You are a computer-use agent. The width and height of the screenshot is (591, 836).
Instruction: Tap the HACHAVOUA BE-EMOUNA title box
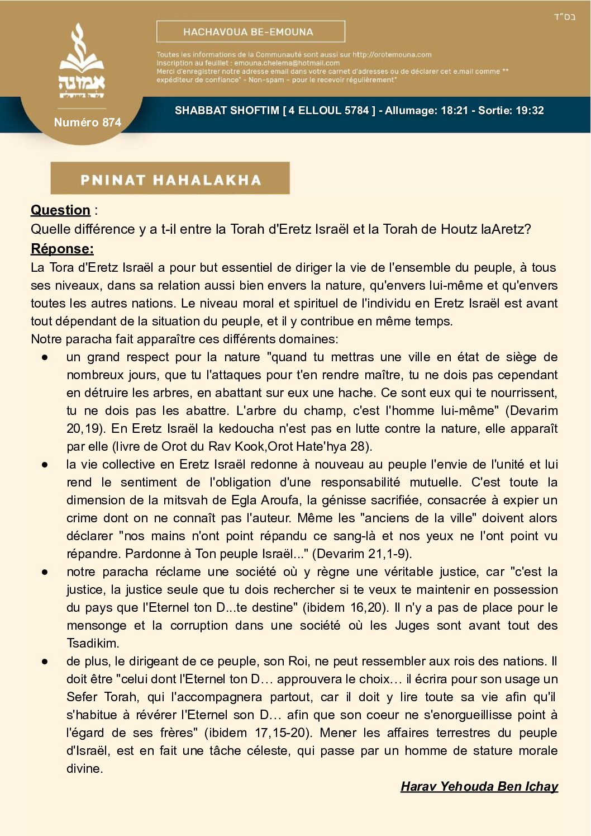(x=250, y=32)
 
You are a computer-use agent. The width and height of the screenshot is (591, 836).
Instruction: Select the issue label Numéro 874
(x=88, y=122)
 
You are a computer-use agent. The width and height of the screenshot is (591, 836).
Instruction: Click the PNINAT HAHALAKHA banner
(x=170, y=179)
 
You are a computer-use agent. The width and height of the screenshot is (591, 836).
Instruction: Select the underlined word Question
(x=60, y=210)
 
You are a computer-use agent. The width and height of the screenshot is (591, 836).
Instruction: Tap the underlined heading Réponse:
(x=62, y=248)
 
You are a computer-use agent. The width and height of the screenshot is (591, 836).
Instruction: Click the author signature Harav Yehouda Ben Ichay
(x=479, y=786)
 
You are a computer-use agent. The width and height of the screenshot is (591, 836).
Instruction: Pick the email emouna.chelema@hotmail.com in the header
(x=287, y=63)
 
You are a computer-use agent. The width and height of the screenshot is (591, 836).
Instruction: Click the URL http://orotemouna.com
(x=392, y=55)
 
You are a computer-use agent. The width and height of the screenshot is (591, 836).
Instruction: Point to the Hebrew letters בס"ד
(x=564, y=17)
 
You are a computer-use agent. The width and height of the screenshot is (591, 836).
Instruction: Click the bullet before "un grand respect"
(x=45, y=357)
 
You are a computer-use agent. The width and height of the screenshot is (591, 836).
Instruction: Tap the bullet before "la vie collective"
(x=45, y=465)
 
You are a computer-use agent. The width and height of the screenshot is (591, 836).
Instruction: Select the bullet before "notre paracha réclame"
(x=45, y=572)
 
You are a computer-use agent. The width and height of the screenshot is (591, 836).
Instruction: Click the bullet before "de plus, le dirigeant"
(x=45, y=662)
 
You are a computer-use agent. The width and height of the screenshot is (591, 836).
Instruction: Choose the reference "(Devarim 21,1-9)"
(x=362, y=554)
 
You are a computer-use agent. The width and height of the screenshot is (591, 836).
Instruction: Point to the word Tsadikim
(x=93, y=643)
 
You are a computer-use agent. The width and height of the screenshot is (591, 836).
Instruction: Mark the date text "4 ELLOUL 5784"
(x=329, y=110)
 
